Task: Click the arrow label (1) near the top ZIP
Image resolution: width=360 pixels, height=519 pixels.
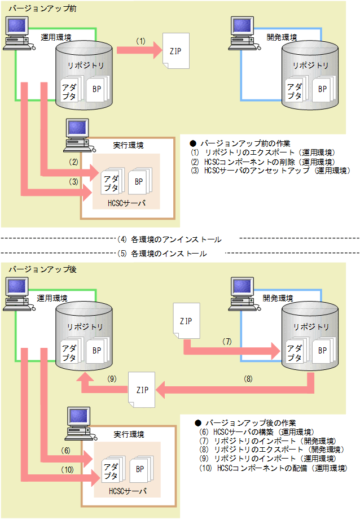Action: point(141,41)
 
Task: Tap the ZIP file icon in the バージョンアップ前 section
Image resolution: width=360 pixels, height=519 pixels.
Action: point(175,51)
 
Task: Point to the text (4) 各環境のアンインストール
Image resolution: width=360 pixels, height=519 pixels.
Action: point(169,239)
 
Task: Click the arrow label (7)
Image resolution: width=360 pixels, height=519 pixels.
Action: point(227,342)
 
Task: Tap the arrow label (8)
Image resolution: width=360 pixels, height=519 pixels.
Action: point(248,378)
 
